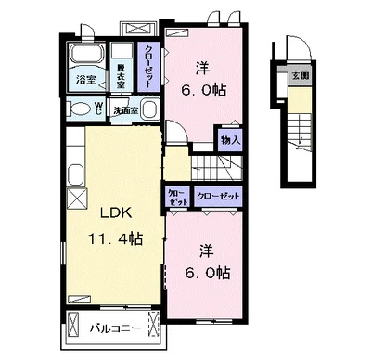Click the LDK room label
(x=116, y=213)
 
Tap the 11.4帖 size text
(x=116, y=238)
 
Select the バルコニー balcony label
(x=115, y=328)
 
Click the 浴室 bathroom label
(x=85, y=80)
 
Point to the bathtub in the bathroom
(x=87, y=54)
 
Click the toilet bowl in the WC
(x=79, y=109)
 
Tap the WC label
(x=98, y=109)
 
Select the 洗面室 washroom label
(x=125, y=111)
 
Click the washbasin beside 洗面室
(x=149, y=109)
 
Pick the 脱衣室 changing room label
(x=121, y=75)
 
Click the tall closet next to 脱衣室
(x=148, y=67)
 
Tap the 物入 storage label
(x=230, y=141)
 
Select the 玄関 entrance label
(x=301, y=76)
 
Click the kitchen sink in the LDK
(x=75, y=174)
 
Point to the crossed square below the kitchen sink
(x=77, y=199)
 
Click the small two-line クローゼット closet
(x=177, y=197)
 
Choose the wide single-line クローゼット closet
(x=218, y=196)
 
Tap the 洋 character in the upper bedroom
(x=202, y=68)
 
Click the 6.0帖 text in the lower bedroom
(x=207, y=273)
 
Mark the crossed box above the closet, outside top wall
(x=138, y=29)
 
